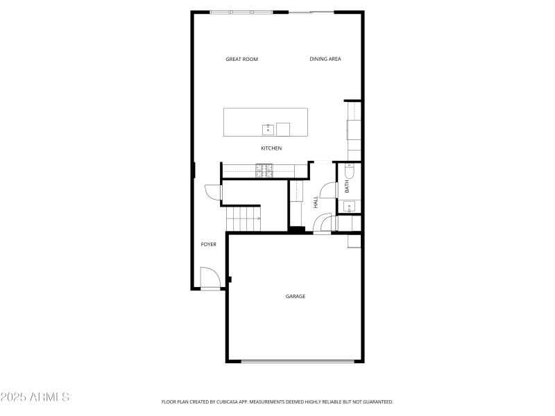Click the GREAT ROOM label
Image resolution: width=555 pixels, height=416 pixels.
(x=241, y=60)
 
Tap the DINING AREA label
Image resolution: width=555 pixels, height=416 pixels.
(x=325, y=60)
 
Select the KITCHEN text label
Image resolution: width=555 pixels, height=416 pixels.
(x=271, y=148)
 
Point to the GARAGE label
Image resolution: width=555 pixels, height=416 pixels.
(x=296, y=297)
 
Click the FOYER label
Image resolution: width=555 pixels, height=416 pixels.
(x=208, y=245)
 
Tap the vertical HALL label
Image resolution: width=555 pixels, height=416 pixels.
(x=316, y=202)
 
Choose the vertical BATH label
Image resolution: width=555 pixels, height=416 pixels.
(x=347, y=187)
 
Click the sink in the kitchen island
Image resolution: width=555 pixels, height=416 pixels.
(x=267, y=129)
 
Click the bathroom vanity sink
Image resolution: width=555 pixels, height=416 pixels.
(x=349, y=205)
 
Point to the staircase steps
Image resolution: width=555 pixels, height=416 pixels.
(x=243, y=219)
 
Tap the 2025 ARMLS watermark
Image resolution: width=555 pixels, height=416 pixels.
(x=35, y=397)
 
